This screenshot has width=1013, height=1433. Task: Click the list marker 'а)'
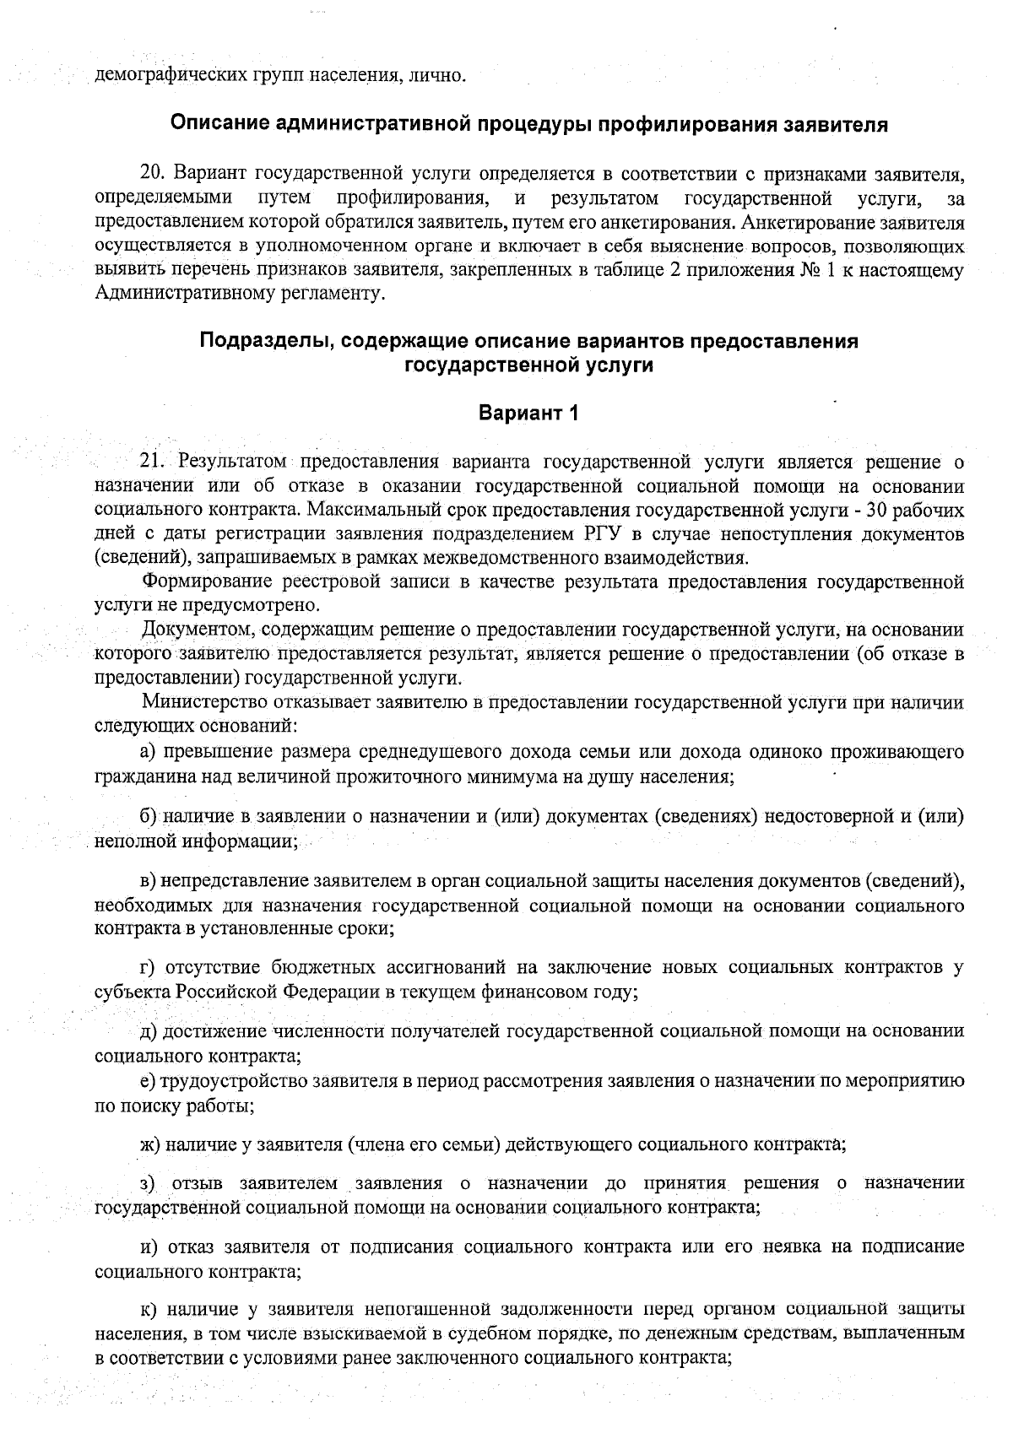click(x=148, y=751)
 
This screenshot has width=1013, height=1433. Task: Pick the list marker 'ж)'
click(x=149, y=1144)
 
